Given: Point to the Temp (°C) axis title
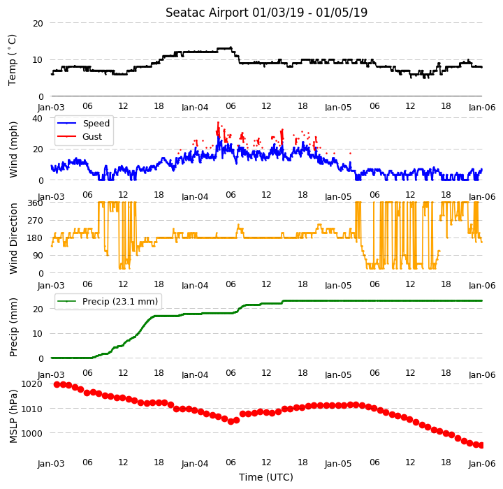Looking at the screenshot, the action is pyautogui.click(x=12, y=60).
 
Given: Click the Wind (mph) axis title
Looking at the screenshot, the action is pyautogui.click(x=13, y=149).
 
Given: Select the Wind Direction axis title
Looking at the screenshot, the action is pyautogui.click(x=13, y=238).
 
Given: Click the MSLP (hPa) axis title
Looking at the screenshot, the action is pyautogui.click(x=13, y=416).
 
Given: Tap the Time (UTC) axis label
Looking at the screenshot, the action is pyautogui.click(x=266, y=477).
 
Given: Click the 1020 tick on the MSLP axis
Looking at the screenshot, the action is pyautogui.click(x=31, y=384).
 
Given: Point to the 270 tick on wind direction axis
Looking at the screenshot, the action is pyautogui.click(x=36, y=221).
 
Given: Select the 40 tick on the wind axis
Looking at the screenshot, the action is pyautogui.click(x=37, y=118).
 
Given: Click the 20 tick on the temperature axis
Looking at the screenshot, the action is pyautogui.click(x=38, y=24).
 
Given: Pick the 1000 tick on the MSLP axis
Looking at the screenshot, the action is pyautogui.click(x=31, y=434).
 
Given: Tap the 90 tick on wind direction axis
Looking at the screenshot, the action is pyautogui.click(x=38, y=256).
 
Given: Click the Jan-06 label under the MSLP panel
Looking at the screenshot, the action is pyautogui.click(x=482, y=464).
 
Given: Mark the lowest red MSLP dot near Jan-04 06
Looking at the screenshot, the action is pyautogui.click(x=231, y=422).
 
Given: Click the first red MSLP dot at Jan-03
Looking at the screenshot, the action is pyautogui.click(x=57, y=384).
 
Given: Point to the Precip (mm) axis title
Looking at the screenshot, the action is pyautogui.click(x=13, y=328).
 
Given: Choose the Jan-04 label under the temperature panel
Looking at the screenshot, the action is pyautogui.click(x=195, y=107).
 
